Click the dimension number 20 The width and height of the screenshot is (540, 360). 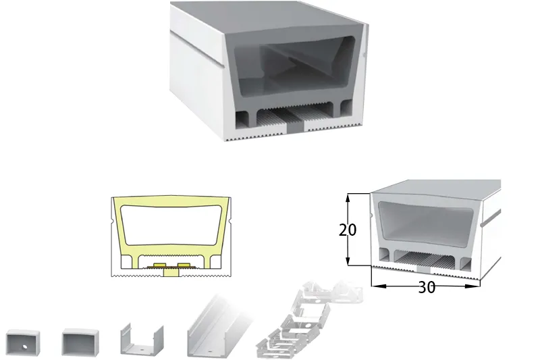coord(348,230)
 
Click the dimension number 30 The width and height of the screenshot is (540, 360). coord(427,287)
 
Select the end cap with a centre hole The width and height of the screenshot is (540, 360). coord(23,342)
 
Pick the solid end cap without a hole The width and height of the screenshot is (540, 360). coord(80,342)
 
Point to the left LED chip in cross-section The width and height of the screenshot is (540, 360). coord(160,265)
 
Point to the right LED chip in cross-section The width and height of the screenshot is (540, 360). coord(184,265)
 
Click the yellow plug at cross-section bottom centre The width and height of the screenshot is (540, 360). coord(171,272)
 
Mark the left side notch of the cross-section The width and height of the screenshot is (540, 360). coord(113,220)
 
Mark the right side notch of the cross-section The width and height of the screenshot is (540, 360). coord(230,220)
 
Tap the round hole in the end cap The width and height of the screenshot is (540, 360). coord(25,346)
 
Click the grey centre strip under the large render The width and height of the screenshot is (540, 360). coord(296,128)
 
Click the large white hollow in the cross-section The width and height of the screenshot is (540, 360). coord(171,226)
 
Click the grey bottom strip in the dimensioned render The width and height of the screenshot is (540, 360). coord(424,269)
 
